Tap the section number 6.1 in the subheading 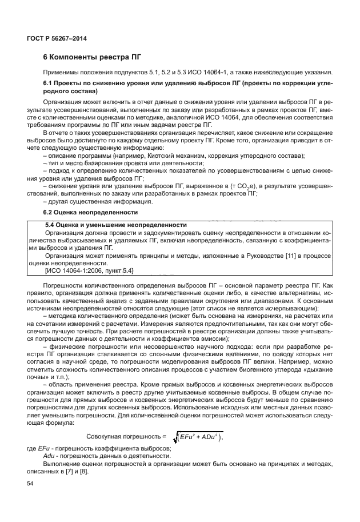[x=50, y=83]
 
